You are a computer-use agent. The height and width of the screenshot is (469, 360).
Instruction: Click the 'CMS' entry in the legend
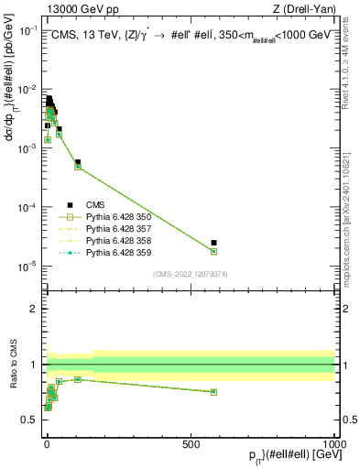click(96, 205)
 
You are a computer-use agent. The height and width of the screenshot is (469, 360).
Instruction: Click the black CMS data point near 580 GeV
click(213, 243)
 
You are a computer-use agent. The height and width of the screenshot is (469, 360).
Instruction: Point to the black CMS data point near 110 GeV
click(78, 162)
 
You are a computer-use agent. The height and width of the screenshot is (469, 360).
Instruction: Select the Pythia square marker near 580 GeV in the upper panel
click(213, 252)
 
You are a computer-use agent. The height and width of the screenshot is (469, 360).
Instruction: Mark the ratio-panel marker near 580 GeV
click(213, 392)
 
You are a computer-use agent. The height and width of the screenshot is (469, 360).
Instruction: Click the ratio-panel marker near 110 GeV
click(78, 379)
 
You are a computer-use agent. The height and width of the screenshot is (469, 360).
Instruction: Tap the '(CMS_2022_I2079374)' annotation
click(190, 273)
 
